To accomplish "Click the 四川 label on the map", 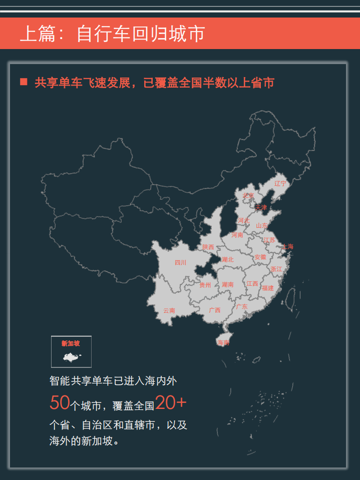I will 180,263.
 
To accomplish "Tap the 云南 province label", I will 169,310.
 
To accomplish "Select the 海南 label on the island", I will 223,343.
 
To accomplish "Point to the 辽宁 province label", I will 280,184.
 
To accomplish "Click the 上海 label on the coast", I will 288,246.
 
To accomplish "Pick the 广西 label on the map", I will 214,310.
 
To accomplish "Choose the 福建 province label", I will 268,288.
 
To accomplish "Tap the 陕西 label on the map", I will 208,247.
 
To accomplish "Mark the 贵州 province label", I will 205,285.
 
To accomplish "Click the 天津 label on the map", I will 261,207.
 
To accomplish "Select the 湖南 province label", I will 228,285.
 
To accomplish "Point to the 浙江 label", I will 276,269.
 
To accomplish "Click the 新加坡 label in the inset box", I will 71,343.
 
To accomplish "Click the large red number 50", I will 60,402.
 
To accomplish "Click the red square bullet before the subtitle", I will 24,82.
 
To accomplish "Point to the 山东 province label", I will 262,226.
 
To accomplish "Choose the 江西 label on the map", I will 252,284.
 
